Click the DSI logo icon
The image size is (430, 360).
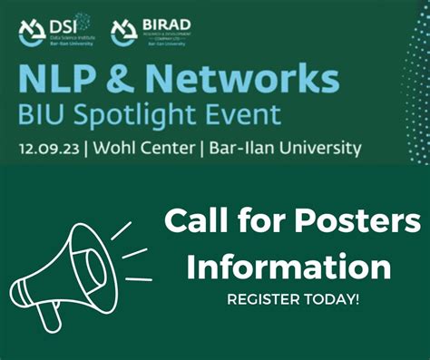31,33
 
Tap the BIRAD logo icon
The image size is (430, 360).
123,33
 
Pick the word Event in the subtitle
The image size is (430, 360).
239,114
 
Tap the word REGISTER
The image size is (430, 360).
269,300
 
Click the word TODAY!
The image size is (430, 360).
334,300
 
